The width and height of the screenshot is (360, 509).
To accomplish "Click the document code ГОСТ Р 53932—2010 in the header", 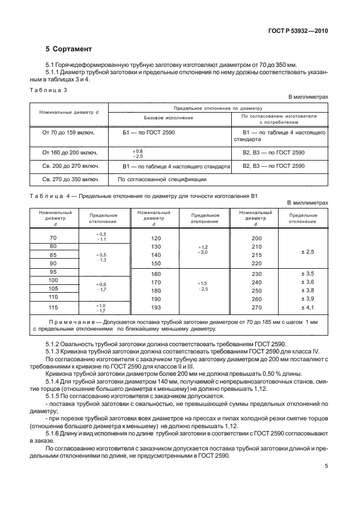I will (x=296, y=31).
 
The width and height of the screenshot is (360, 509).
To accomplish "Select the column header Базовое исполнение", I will (x=168, y=118).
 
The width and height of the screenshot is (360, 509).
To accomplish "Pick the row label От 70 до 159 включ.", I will (x=68, y=133).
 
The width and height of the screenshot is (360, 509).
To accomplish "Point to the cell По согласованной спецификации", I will (x=162, y=180).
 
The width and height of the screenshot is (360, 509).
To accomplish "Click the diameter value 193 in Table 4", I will (x=155, y=307).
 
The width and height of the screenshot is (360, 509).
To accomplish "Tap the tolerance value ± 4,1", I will (x=307, y=307).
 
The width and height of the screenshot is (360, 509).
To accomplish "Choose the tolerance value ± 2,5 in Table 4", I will (x=307, y=252).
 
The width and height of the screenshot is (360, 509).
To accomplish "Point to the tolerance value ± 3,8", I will (x=307, y=290).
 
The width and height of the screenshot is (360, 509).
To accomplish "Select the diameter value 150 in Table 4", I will (x=155, y=263).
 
